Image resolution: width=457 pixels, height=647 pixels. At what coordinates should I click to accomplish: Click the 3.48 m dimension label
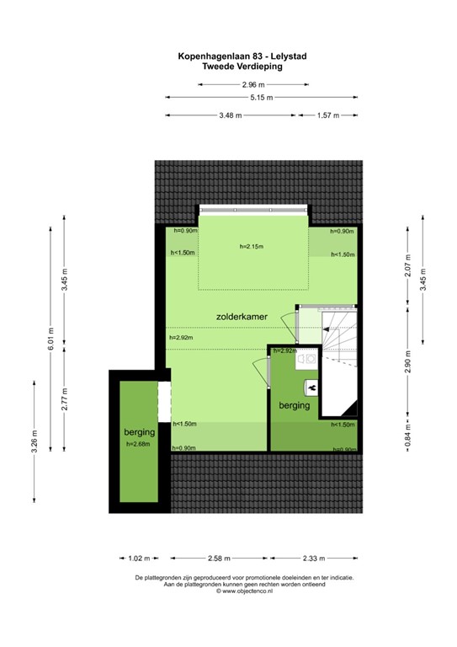pos(230,115)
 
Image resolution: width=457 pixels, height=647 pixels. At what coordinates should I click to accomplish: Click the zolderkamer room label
pos(242,316)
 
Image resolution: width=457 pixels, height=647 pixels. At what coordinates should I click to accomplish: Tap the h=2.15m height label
pos(251,246)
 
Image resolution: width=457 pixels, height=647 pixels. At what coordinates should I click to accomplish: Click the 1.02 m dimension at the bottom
pos(139,559)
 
